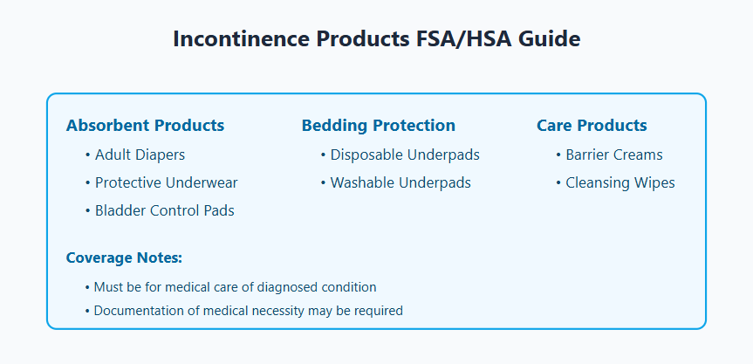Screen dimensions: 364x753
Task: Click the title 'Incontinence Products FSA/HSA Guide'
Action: point(376,39)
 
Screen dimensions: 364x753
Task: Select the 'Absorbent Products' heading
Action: point(145,126)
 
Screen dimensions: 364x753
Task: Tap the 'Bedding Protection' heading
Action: point(378,126)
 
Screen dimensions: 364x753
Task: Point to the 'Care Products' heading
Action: point(592,126)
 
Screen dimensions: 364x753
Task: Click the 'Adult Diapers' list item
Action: point(140,155)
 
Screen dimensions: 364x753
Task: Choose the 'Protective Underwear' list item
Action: point(166,183)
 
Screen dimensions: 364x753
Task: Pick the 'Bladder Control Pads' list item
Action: point(164,210)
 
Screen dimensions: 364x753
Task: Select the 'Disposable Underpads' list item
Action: point(405,155)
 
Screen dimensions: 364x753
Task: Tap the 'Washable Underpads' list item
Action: point(400,183)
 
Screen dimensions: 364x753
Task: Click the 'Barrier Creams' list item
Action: point(613,155)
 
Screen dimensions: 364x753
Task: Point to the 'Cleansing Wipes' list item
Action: point(620,183)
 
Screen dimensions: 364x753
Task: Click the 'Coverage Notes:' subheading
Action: point(124,258)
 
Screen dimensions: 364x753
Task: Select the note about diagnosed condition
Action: point(235,287)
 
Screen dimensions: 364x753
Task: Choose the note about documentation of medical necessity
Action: point(248,310)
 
